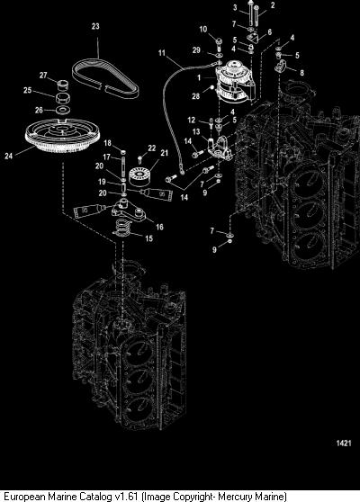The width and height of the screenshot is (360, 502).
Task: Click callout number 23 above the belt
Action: (95, 26)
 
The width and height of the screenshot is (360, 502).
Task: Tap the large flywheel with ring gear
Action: (62, 135)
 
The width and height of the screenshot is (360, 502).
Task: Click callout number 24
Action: (9, 156)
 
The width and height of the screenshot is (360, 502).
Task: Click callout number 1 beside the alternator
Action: (199, 77)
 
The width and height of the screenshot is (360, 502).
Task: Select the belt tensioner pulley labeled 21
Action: (139, 178)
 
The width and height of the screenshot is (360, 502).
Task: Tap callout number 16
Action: (159, 227)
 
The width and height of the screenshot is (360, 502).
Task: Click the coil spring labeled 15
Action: (122, 227)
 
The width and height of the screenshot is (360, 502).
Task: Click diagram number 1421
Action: (344, 444)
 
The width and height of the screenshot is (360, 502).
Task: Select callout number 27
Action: (43, 76)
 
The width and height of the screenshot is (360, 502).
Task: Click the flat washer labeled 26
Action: (62, 110)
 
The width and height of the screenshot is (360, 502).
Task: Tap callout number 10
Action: (203, 30)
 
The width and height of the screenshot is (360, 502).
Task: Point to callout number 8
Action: (301, 73)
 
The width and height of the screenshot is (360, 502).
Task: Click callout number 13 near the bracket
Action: (196, 131)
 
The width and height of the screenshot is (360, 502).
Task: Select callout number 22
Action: (152, 148)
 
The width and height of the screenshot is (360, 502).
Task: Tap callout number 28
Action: (195, 96)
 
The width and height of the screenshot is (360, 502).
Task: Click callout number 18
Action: (108, 143)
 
